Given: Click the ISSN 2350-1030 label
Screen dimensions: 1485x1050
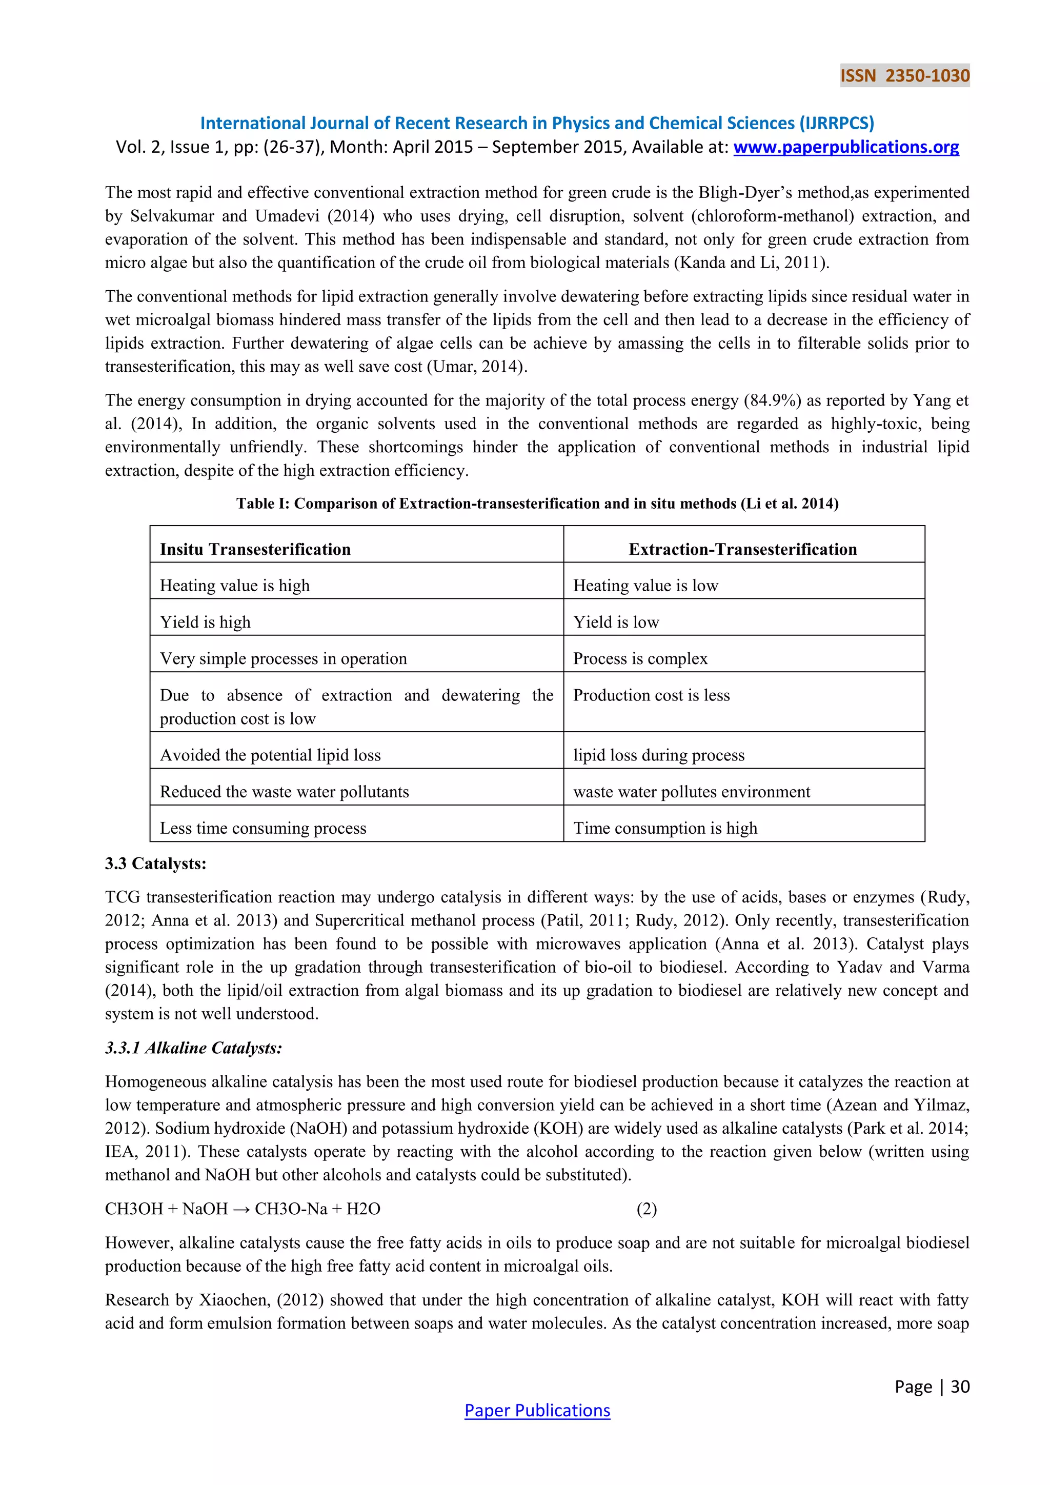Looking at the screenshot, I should coord(904,76).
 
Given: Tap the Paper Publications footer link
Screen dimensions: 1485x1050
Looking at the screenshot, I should coord(537,1410).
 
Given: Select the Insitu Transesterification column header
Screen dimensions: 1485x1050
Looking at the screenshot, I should coord(255,549).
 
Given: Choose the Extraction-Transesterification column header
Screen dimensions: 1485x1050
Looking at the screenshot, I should coord(742,549).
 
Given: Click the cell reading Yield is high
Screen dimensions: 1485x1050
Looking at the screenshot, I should coord(205,621).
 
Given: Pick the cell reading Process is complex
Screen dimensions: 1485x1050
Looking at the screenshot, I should coord(640,658).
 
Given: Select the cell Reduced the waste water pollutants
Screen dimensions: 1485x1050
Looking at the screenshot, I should coord(285,792).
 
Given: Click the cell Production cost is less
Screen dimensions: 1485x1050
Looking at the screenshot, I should coord(651,695).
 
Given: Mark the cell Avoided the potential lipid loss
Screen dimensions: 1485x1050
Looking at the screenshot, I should coord(270,755).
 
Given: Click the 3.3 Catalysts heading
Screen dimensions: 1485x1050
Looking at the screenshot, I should coord(156,864).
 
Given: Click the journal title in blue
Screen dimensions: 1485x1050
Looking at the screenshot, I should coord(537,123).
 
